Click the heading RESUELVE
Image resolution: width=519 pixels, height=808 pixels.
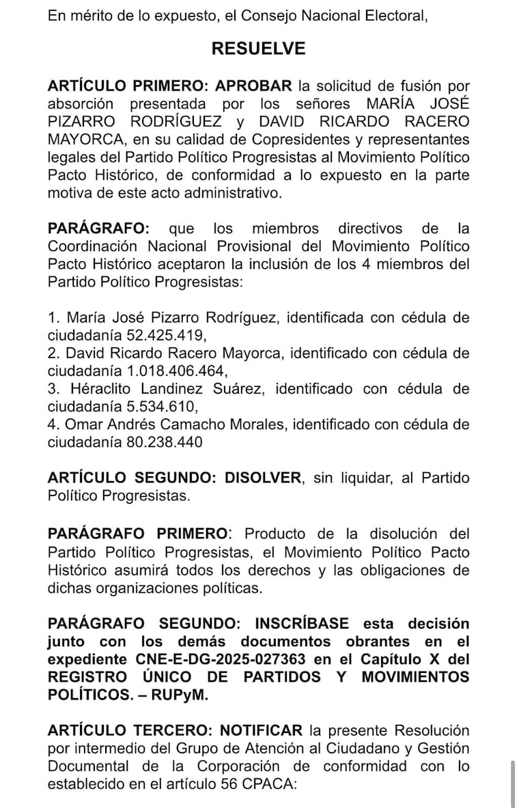point(258,48)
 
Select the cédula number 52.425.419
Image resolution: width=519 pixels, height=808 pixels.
point(166,335)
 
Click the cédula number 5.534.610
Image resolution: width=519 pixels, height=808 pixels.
point(162,407)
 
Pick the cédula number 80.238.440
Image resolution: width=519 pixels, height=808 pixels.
point(165,442)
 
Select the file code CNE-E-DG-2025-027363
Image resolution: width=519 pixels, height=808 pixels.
point(216,659)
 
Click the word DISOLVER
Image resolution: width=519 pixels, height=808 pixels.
point(263,478)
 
